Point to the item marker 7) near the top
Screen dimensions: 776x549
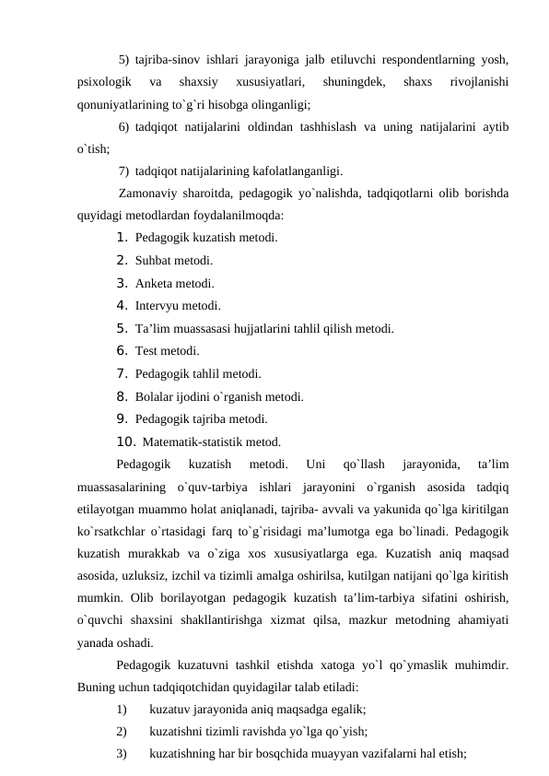tap(124, 170)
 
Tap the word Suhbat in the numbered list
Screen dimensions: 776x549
tap(152, 260)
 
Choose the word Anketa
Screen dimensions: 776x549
tap(153, 283)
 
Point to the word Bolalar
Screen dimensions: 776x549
tap(154, 397)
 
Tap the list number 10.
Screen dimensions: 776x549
tap(126, 441)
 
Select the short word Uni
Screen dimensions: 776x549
tap(314, 464)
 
